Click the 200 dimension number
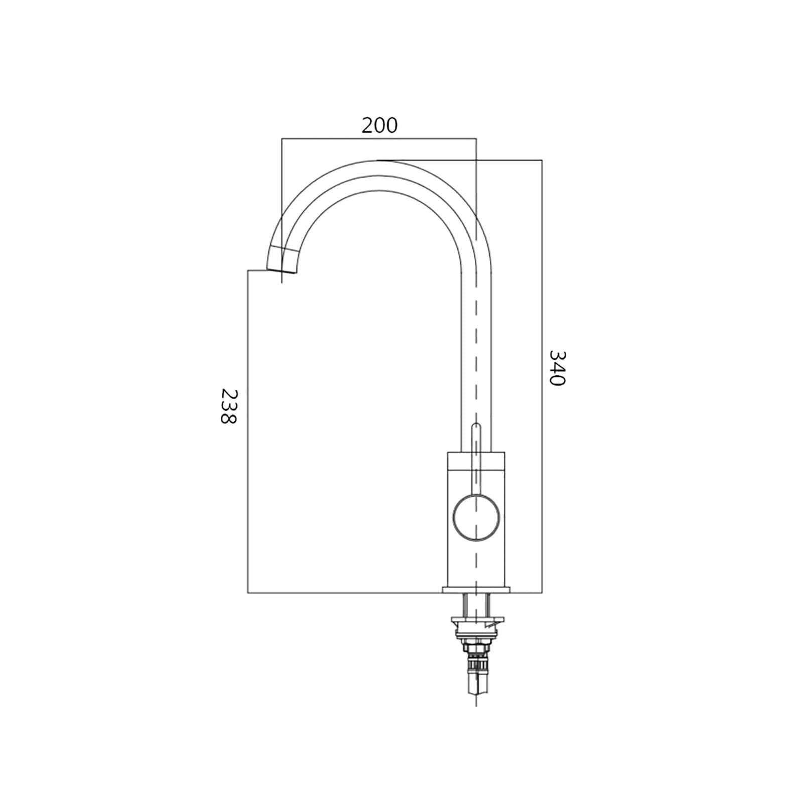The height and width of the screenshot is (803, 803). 379,125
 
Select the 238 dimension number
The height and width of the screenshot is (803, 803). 228,406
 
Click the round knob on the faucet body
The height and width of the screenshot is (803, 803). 476,516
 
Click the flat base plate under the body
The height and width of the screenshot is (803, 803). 476,590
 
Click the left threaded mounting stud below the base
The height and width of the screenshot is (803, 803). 466,605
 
